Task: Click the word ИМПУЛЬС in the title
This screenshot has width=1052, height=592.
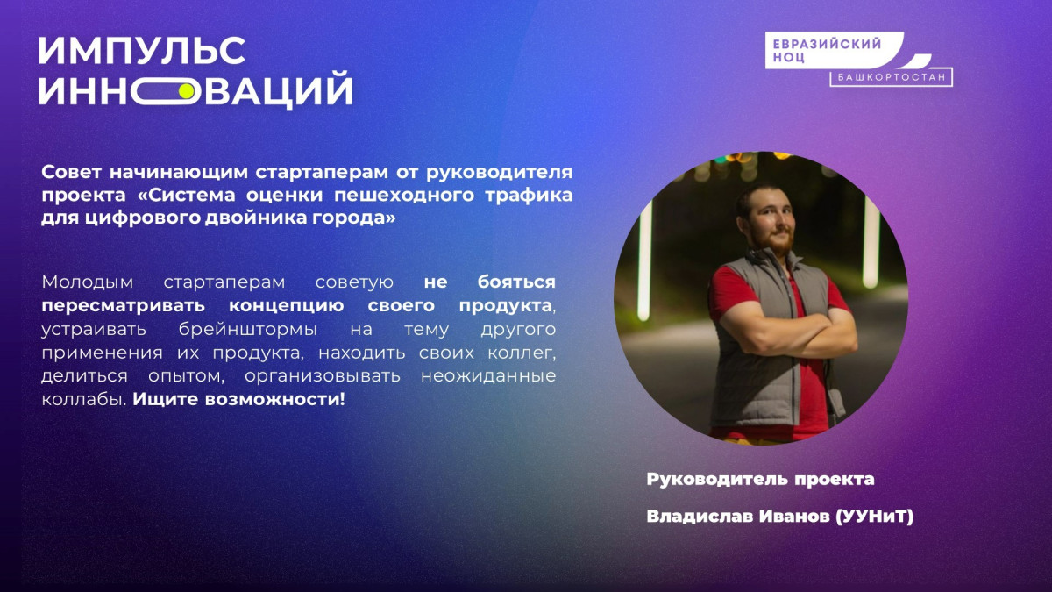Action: click(142, 51)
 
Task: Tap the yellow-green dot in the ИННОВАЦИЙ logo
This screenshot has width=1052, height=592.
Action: click(187, 91)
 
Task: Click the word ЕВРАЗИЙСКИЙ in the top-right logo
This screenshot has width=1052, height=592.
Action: click(827, 44)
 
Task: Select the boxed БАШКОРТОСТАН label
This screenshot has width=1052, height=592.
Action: click(891, 77)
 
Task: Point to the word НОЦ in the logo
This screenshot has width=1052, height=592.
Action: click(789, 57)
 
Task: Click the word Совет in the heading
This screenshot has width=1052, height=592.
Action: click(71, 172)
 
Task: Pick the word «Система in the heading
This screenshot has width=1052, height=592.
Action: click(186, 195)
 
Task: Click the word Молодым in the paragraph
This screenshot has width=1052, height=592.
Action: click(88, 282)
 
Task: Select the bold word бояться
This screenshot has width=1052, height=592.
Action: click(516, 282)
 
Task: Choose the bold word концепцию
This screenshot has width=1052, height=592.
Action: click(286, 306)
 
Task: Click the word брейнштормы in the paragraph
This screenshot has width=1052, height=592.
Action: click(248, 330)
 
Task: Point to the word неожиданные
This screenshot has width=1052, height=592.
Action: click(488, 376)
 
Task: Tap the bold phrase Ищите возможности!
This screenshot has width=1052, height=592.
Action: click(238, 399)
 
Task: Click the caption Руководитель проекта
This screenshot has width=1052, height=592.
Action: click(760, 479)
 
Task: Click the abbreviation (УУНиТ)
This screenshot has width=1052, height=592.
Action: click(875, 517)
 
